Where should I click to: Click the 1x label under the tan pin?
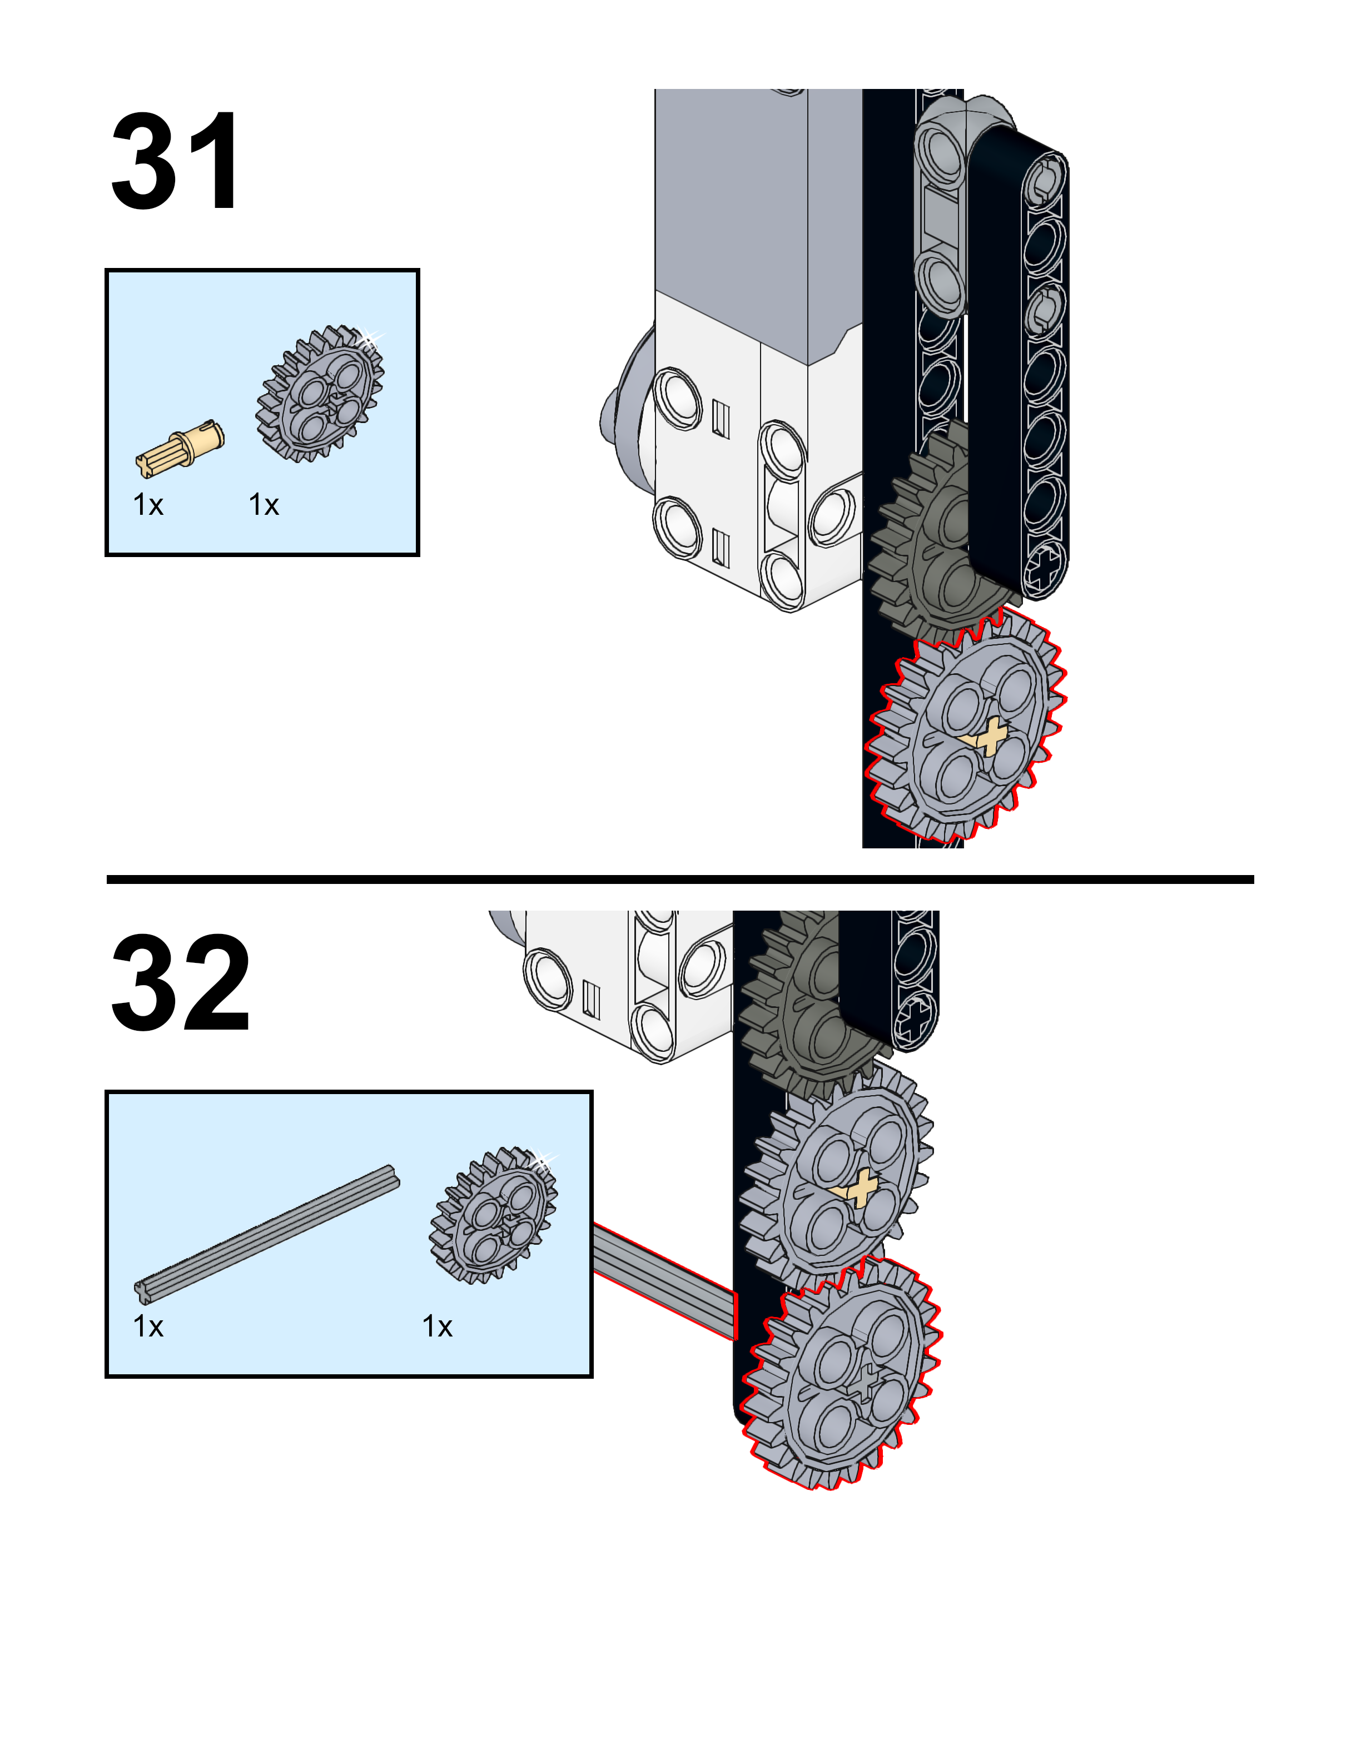(148, 505)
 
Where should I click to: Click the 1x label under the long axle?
(148, 1326)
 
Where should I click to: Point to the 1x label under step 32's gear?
(438, 1326)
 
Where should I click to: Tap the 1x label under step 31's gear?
(264, 505)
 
